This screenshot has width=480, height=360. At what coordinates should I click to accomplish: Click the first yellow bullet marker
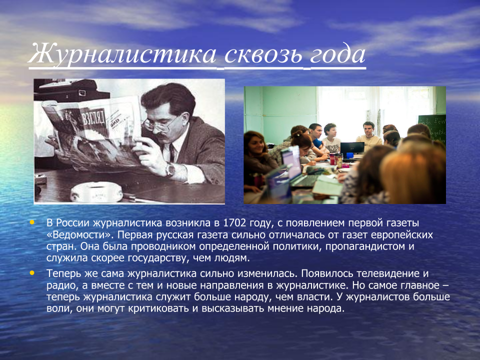(32, 221)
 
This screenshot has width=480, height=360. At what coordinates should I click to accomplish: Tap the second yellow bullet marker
(32, 273)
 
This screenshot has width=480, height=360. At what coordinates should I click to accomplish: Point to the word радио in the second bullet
(59, 285)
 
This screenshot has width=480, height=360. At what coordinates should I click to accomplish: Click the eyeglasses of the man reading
(159, 123)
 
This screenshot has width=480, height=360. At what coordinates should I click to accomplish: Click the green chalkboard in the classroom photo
(432, 127)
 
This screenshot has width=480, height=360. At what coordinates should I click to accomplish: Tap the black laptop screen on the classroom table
(352, 147)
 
